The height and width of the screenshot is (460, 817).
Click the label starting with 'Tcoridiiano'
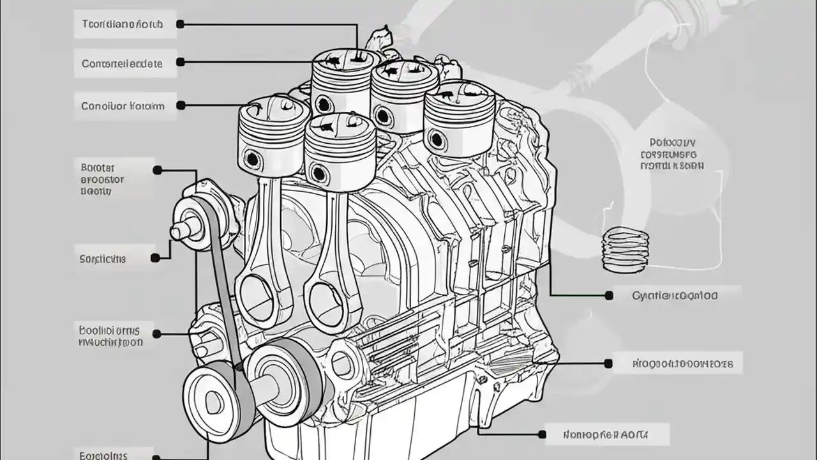click(x=123, y=24)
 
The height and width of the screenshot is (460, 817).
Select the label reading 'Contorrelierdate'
click(x=123, y=63)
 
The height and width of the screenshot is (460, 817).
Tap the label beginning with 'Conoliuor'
click(x=123, y=105)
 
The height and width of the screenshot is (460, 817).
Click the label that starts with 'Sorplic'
click(x=103, y=259)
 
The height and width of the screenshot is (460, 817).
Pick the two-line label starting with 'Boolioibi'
click(x=110, y=337)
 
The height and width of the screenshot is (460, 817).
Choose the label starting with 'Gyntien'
click(x=675, y=296)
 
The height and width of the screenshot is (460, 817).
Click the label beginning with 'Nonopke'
click(x=606, y=434)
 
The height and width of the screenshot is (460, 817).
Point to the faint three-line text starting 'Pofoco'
click(x=671, y=154)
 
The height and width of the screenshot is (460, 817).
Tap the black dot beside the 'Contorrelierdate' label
click(x=180, y=62)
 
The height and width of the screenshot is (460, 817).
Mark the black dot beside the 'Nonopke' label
click(x=542, y=434)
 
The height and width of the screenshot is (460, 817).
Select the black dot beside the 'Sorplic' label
click(x=155, y=258)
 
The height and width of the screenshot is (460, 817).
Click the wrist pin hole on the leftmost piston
click(x=252, y=158)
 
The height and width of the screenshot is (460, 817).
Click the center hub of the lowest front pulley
click(x=213, y=401)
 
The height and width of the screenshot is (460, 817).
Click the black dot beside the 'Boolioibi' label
click(x=157, y=333)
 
